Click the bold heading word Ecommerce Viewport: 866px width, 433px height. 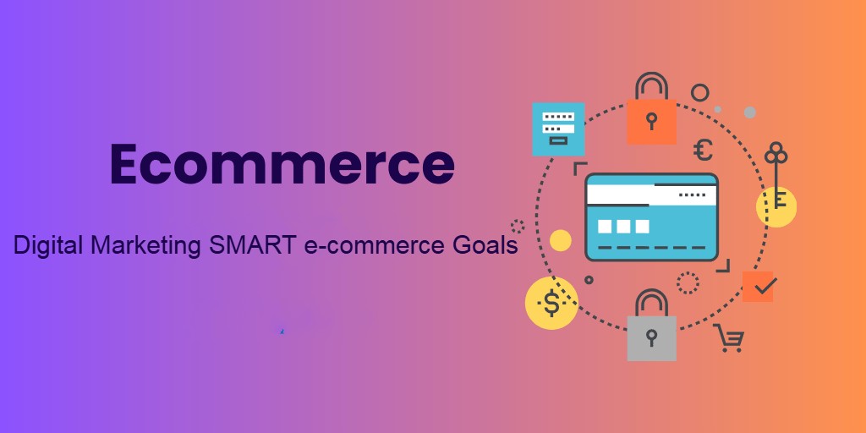tap(282, 164)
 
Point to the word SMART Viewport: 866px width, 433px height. tap(253, 244)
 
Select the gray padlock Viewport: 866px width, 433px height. tap(652, 326)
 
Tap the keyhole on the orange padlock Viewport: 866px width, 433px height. tap(652, 120)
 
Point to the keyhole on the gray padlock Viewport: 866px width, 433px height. tap(652, 337)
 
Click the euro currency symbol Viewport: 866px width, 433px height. tap(703, 150)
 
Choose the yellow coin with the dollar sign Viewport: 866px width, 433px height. tap(551, 303)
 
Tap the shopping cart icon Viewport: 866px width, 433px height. tap(729, 338)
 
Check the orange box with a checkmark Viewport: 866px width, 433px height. tap(758, 287)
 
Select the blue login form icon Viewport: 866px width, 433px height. tap(558, 129)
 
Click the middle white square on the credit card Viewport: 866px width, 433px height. tap(623, 227)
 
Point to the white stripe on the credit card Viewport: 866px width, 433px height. tap(652, 194)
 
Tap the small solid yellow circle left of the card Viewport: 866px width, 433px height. tap(561, 240)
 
